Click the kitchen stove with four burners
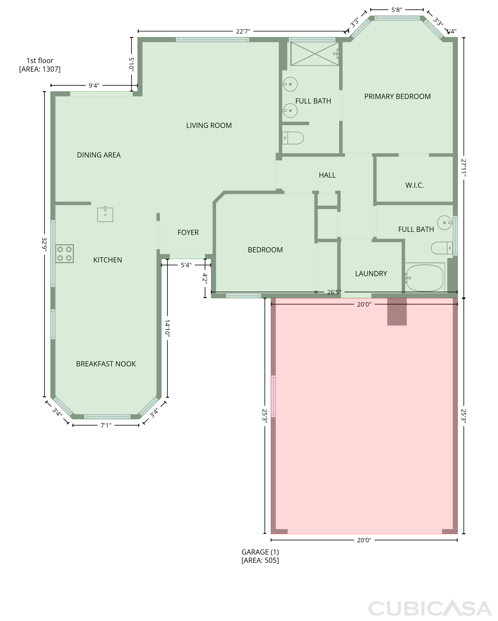click(x=65, y=253)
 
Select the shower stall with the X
click(x=315, y=54)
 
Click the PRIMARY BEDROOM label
click(x=397, y=96)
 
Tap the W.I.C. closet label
click(x=415, y=185)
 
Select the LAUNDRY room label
click(x=371, y=274)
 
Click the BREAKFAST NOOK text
click(x=106, y=364)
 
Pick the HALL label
click(x=327, y=175)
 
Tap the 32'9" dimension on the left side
click(x=44, y=244)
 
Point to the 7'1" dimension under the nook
click(x=106, y=425)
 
